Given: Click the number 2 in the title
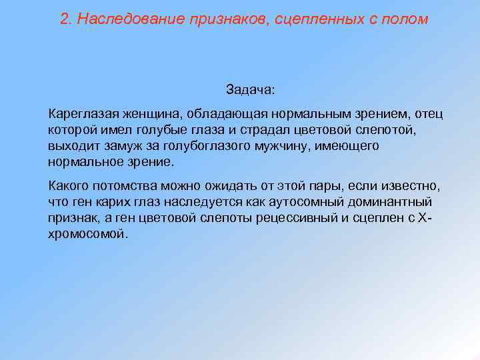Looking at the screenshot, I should (64, 19).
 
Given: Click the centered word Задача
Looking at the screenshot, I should (249, 89).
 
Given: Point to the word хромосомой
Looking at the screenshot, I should (86, 234).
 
